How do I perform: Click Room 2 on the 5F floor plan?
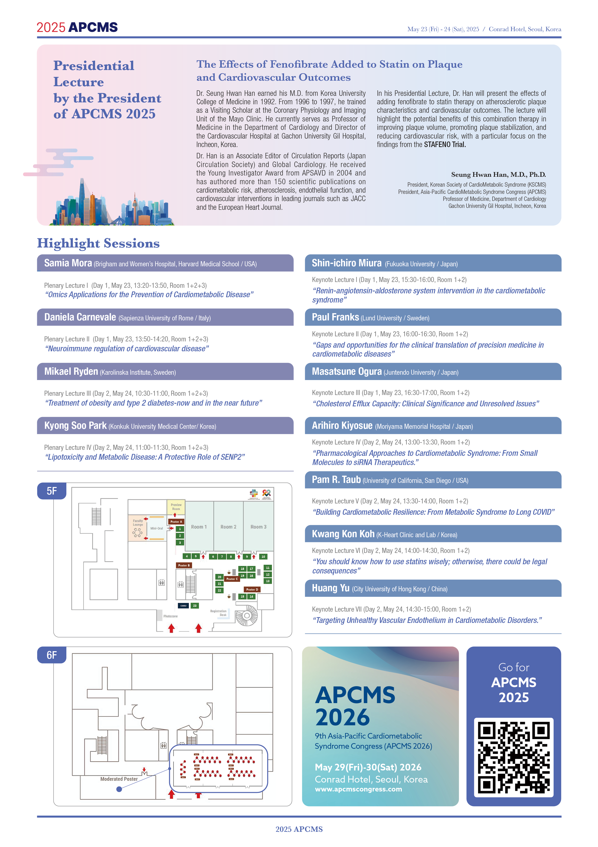pyautogui.click(x=228, y=527)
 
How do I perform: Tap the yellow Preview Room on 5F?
pyautogui.click(x=176, y=507)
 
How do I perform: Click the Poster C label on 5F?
pyautogui.click(x=232, y=579)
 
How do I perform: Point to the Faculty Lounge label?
pyautogui.click(x=138, y=523)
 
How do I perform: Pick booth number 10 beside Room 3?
pyautogui.click(x=263, y=556)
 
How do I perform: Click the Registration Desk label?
pyautogui.click(x=219, y=613)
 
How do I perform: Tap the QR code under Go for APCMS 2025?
pyautogui.click(x=514, y=757)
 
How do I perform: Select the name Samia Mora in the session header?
pyautogui.click(x=68, y=263)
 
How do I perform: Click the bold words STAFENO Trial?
pyautogui.click(x=445, y=145)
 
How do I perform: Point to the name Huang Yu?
pyautogui.click(x=330, y=588)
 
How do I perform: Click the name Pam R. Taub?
pyautogui.click(x=336, y=480)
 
